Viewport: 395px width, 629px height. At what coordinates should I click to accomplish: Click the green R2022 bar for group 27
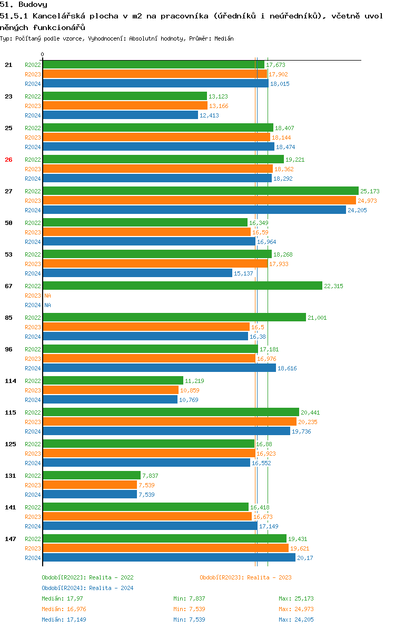pyautogui.click(x=200, y=191)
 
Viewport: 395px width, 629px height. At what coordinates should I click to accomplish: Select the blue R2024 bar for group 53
pyautogui.click(x=137, y=273)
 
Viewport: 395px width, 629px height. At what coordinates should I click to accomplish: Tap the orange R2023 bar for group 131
pyautogui.click(x=90, y=485)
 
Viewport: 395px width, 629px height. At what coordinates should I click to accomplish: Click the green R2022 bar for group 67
pyautogui.click(x=182, y=286)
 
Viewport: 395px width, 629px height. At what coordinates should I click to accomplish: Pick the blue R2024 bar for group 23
pyautogui.click(x=120, y=115)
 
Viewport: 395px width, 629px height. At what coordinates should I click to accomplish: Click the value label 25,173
pyautogui.click(x=370, y=191)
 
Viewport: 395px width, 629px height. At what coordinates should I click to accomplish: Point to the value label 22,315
pyautogui.click(x=333, y=286)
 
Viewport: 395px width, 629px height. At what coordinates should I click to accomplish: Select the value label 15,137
pyautogui.click(x=243, y=273)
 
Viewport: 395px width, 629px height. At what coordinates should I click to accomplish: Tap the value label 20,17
pyautogui.click(x=305, y=558)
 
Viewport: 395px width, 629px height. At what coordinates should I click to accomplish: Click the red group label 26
pyautogui.click(x=8, y=160)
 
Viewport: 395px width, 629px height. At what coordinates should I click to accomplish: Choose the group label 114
pyautogui.click(x=11, y=381)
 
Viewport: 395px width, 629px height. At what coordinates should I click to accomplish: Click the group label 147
pyautogui.click(x=11, y=539)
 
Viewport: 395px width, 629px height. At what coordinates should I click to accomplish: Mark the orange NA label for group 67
pyautogui.click(x=47, y=296)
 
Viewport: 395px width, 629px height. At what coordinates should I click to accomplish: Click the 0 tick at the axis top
pyautogui.click(x=43, y=54)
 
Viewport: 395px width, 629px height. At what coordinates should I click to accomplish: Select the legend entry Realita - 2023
pyautogui.click(x=245, y=577)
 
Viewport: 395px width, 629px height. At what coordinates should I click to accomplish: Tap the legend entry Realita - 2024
pyautogui.click(x=87, y=588)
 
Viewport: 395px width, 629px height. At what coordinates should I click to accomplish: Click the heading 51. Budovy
pyautogui.click(x=24, y=5)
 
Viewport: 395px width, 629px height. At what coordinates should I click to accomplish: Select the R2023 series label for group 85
pyautogui.click(x=33, y=327)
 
